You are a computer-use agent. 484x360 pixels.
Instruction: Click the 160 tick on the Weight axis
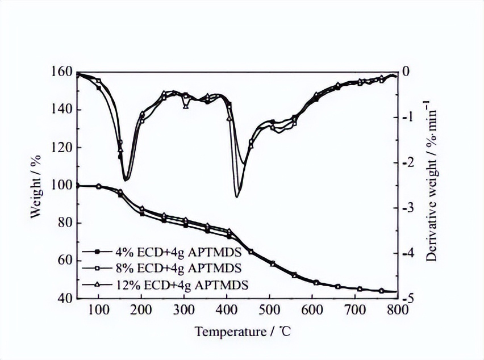coord(64,72)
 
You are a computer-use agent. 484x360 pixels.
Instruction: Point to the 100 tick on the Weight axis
coord(64,185)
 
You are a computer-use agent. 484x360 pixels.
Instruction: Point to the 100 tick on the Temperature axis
coord(99,309)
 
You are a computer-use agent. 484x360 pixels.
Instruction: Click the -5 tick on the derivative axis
coord(409,298)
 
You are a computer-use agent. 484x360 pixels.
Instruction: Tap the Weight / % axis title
coord(36,185)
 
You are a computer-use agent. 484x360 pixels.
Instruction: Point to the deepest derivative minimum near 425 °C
coord(237,196)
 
